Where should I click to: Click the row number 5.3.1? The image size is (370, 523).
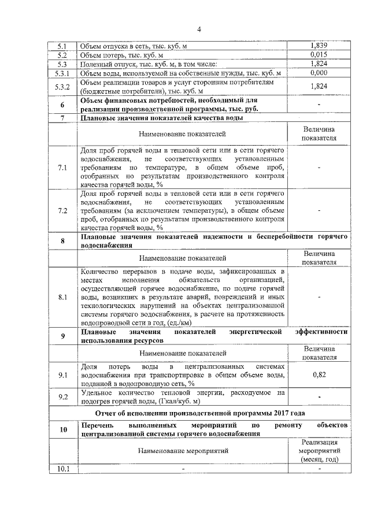(x=62, y=74)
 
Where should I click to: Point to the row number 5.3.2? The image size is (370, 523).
(x=62, y=87)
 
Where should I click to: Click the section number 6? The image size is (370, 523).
(x=62, y=105)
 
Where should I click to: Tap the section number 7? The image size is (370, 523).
(x=62, y=118)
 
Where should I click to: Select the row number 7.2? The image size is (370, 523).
(x=62, y=211)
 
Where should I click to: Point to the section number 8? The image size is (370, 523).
(x=62, y=241)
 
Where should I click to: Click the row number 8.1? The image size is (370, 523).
(x=62, y=296)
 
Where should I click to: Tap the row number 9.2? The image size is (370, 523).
(x=62, y=396)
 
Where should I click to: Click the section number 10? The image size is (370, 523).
(x=62, y=429)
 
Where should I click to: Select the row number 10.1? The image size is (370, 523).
(x=62, y=469)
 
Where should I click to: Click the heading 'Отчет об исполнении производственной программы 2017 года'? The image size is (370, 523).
(x=199, y=413)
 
